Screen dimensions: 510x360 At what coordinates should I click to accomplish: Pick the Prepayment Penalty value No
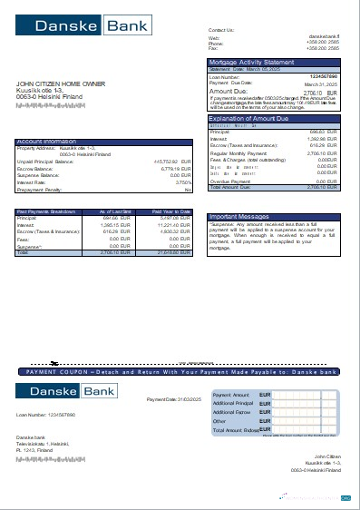point(188,190)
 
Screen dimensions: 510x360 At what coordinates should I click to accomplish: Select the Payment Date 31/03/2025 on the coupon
point(173,398)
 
